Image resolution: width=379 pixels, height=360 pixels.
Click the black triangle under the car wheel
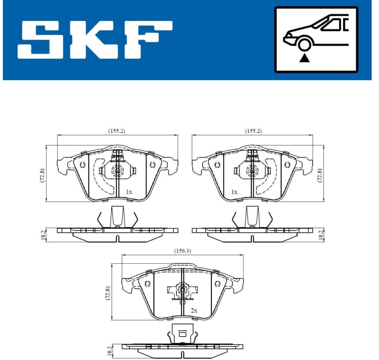[x=304, y=58]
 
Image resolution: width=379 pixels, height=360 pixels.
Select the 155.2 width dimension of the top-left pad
[x=117, y=131]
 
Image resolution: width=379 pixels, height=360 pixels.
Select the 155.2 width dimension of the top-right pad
[x=253, y=131]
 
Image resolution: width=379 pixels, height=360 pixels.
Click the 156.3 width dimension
[x=182, y=251]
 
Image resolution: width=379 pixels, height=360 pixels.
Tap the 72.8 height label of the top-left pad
[x=42, y=175]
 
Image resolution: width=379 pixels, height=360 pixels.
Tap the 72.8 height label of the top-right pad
[x=320, y=175]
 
